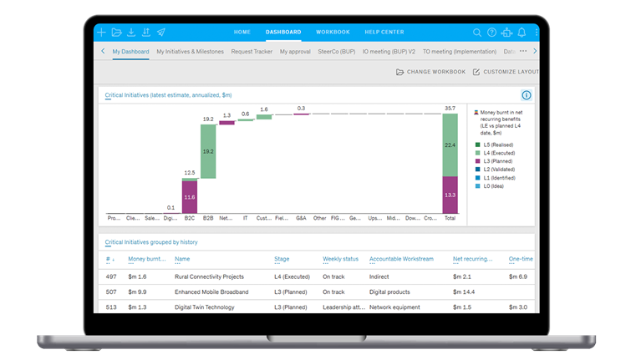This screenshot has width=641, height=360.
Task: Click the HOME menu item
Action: click(242, 33)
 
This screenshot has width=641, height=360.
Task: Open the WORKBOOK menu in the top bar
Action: click(333, 33)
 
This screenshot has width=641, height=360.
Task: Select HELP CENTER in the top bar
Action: click(384, 33)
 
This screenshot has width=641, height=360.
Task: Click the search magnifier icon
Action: click(477, 33)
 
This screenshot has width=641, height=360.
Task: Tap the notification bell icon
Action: click(521, 33)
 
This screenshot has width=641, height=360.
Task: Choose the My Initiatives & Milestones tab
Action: click(190, 51)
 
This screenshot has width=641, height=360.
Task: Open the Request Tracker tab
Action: click(252, 51)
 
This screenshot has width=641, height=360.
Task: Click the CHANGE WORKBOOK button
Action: click(430, 72)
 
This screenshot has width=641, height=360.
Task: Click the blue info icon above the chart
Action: click(527, 95)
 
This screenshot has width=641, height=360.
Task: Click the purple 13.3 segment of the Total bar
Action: click(450, 195)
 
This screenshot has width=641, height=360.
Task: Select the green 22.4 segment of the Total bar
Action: click(450, 145)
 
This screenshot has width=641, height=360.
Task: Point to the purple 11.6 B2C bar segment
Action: click(190, 197)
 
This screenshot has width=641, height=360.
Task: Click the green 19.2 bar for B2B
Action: click(208, 151)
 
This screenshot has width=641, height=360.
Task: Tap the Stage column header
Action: click(282, 259)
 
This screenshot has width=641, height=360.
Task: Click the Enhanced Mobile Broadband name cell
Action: click(212, 292)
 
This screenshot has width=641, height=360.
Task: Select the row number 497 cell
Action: click(111, 276)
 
